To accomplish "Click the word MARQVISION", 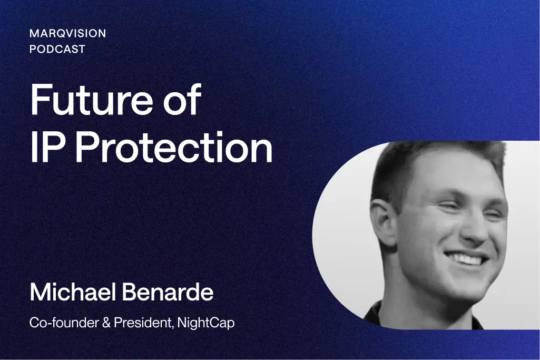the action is coord(68,33).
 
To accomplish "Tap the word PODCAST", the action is coord(57,49).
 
